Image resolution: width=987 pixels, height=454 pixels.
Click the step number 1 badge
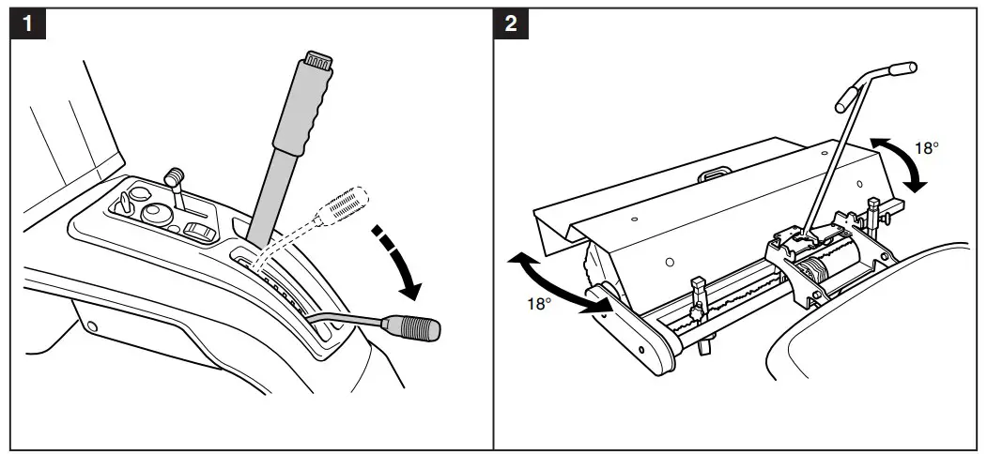(x=32, y=23)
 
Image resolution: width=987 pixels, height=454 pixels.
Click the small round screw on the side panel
(x=92, y=326)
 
